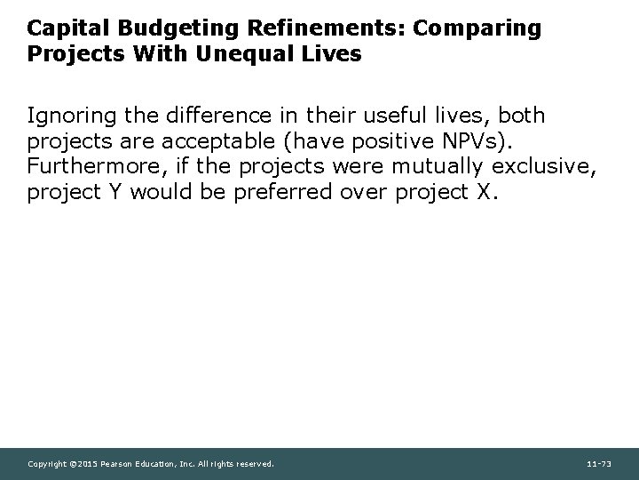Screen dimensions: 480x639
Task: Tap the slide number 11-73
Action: (598, 464)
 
